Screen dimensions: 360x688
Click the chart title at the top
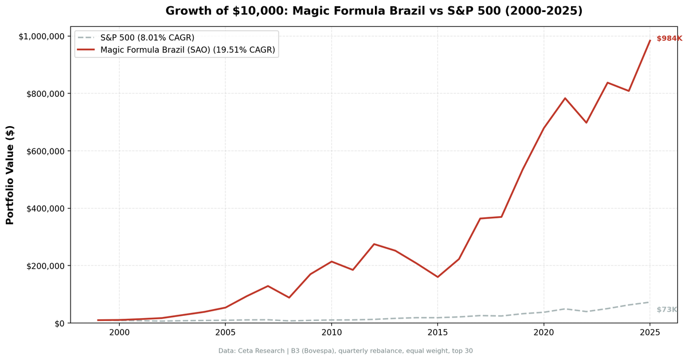tap(374, 11)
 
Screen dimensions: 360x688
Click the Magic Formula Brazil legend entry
tap(187, 50)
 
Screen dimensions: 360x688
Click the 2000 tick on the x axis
tap(119, 332)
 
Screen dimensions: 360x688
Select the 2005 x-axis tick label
tap(225, 332)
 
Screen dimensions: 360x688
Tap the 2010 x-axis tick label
tap(331, 332)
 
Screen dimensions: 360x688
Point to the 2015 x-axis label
tap(437, 332)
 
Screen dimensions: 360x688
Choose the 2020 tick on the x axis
tap(544, 332)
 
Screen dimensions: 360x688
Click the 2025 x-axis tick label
tap(650, 332)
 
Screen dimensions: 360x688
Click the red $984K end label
tap(669, 38)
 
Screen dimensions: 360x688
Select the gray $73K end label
tap(667, 310)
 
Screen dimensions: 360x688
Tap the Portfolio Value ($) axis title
tap(10, 175)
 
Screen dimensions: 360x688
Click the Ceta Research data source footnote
tap(345, 351)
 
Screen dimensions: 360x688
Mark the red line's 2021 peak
tap(565, 98)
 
